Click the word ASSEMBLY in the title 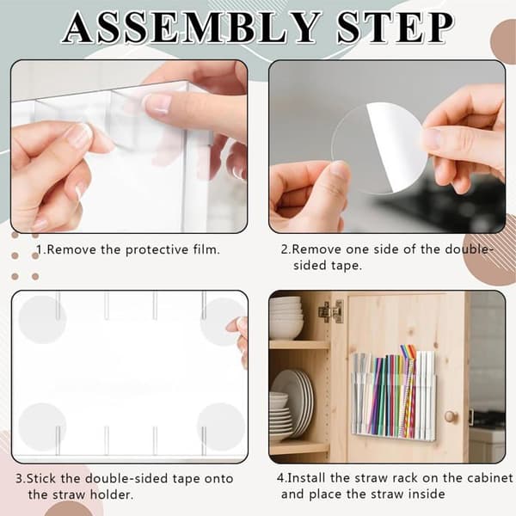point(192,28)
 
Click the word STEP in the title point(396,28)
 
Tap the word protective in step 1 point(157,250)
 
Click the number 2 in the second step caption point(285,249)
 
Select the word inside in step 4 point(427,494)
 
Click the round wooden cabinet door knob point(450,416)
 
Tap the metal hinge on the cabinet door point(331,311)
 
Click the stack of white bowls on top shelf point(286,317)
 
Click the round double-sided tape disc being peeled point(379,148)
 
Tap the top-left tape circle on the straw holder point(42,320)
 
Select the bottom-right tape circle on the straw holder point(221,427)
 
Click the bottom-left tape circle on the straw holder point(42,427)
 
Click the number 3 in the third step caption point(20,478)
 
